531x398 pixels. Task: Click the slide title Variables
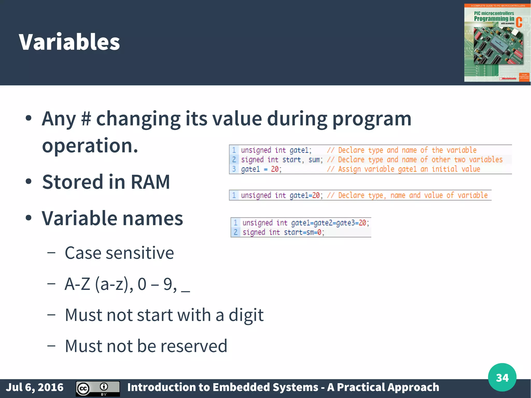click(x=69, y=42)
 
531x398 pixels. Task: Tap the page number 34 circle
click(x=502, y=377)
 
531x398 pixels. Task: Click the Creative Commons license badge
click(x=97, y=388)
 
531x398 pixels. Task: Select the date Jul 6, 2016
click(x=35, y=387)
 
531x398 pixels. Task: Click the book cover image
click(x=497, y=43)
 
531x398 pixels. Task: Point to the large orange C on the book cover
click(x=519, y=23)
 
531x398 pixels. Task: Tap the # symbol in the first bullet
click(x=86, y=119)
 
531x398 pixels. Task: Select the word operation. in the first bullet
click(x=90, y=145)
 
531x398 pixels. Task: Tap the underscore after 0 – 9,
click(x=186, y=291)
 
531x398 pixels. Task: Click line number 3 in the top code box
click(x=234, y=169)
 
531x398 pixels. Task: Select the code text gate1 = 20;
click(x=261, y=169)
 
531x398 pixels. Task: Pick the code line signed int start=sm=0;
click(x=283, y=232)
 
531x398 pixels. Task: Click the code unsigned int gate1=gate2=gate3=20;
click(x=305, y=223)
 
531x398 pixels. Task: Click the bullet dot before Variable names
click(x=29, y=218)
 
